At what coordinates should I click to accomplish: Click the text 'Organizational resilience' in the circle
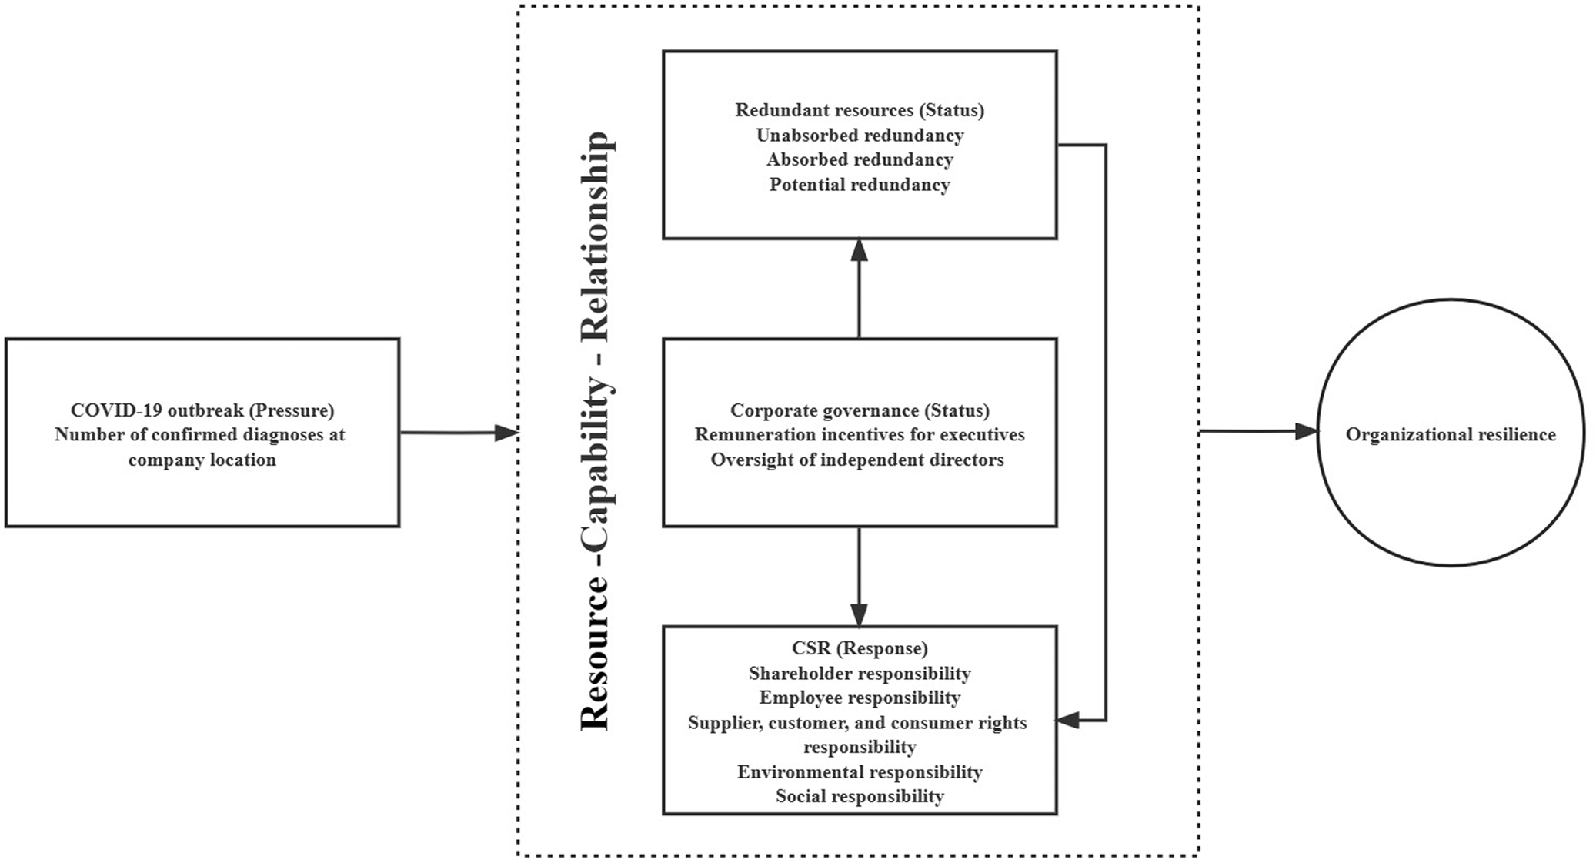point(1450,434)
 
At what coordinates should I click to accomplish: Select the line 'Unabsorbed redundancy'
point(860,136)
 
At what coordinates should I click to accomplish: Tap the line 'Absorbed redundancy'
point(860,160)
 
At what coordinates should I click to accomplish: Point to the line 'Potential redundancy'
point(860,185)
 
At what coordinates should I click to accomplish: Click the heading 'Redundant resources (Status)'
point(860,110)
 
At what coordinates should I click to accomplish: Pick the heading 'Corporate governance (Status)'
point(860,410)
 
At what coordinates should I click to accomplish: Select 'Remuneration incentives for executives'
point(860,435)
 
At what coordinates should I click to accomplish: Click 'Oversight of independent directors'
point(857,460)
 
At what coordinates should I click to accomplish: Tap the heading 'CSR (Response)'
point(860,648)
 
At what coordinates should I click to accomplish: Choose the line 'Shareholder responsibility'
point(860,674)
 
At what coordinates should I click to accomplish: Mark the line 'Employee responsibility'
point(860,698)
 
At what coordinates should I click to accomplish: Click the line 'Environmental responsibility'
point(860,771)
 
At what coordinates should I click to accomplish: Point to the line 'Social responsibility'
point(860,796)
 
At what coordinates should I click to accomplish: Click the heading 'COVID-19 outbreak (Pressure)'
point(202,410)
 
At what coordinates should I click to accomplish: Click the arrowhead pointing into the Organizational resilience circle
point(1305,432)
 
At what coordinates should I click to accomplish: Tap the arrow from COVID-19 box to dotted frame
point(459,433)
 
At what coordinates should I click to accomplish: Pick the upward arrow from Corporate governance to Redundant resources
point(859,289)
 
